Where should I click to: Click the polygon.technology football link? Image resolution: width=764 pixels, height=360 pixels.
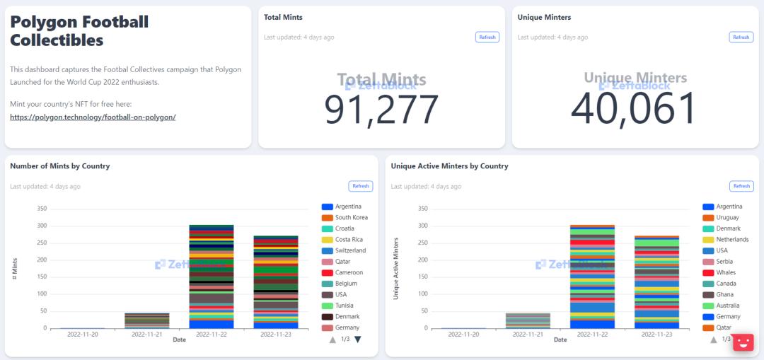(93, 117)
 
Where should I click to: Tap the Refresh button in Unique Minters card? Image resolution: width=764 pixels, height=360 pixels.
(741, 37)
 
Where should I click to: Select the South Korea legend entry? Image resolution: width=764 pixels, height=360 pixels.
(351, 217)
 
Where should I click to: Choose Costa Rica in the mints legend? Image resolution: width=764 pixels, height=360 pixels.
(349, 240)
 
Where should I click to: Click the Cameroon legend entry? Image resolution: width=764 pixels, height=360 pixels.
(349, 272)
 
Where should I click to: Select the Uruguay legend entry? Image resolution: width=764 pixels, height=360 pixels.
(728, 217)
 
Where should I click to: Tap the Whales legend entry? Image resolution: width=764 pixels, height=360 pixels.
(726, 272)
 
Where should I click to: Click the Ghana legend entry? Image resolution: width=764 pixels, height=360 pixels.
(725, 294)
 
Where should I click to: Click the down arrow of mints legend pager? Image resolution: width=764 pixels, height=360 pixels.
(357, 339)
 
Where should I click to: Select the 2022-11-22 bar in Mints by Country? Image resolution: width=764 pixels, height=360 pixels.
(212, 276)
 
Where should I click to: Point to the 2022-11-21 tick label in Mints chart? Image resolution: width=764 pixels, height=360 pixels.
(146, 333)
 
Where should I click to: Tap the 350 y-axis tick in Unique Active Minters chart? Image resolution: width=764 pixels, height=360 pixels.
(423, 209)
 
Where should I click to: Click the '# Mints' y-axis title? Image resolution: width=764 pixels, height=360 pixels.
(15, 269)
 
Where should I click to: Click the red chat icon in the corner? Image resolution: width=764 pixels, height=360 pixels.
(743, 342)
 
